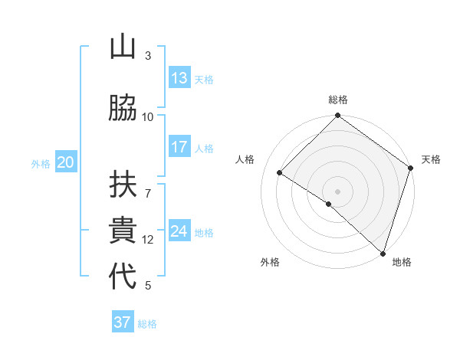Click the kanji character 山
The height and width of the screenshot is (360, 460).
coord(123,49)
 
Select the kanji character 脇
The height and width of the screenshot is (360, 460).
coord(123,108)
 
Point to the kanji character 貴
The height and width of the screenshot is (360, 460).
coord(123,231)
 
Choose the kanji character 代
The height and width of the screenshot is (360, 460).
coord(123,277)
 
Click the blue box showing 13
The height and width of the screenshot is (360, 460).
coord(179,78)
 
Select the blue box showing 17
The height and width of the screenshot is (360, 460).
coord(179,147)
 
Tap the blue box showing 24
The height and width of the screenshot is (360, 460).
coord(179,231)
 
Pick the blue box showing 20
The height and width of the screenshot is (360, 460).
coord(66,162)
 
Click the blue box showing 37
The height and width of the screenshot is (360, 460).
coord(123,322)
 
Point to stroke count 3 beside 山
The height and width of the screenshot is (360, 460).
coord(148,56)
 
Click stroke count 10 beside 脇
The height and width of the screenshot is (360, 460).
coord(148,116)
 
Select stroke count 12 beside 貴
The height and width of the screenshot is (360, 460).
coord(148,239)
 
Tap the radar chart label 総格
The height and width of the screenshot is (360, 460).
coord(338,100)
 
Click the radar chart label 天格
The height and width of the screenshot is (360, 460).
coord(431,159)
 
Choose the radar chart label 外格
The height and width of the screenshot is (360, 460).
coord(270,262)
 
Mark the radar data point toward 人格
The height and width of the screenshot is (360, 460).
coord(280,172)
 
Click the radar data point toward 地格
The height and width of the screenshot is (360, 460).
coord(383,253)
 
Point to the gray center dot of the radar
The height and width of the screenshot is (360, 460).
coord(337,191)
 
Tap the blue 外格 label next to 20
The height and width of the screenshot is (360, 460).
coord(41,163)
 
